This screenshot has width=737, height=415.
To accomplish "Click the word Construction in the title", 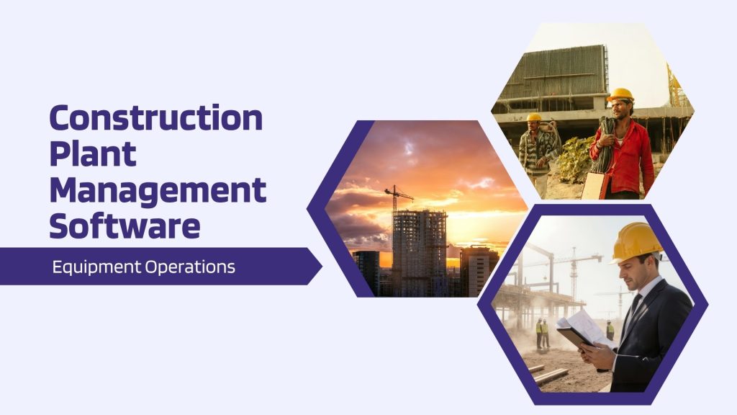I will pyautogui.click(x=156, y=118).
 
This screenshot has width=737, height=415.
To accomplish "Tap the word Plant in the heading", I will pyautogui.click(x=93, y=154).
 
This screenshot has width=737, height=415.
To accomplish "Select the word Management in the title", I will pyautogui.click(x=158, y=190).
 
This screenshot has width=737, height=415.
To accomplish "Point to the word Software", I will pyautogui.click(x=125, y=226).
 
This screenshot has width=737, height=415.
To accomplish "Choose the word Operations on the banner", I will pyautogui.click(x=190, y=267).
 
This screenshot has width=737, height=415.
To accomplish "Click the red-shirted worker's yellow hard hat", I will pyautogui.click(x=620, y=94).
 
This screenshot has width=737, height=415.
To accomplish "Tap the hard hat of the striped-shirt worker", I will pyautogui.click(x=533, y=117).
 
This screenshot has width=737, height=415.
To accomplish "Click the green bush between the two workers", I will pyautogui.click(x=576, y=159).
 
